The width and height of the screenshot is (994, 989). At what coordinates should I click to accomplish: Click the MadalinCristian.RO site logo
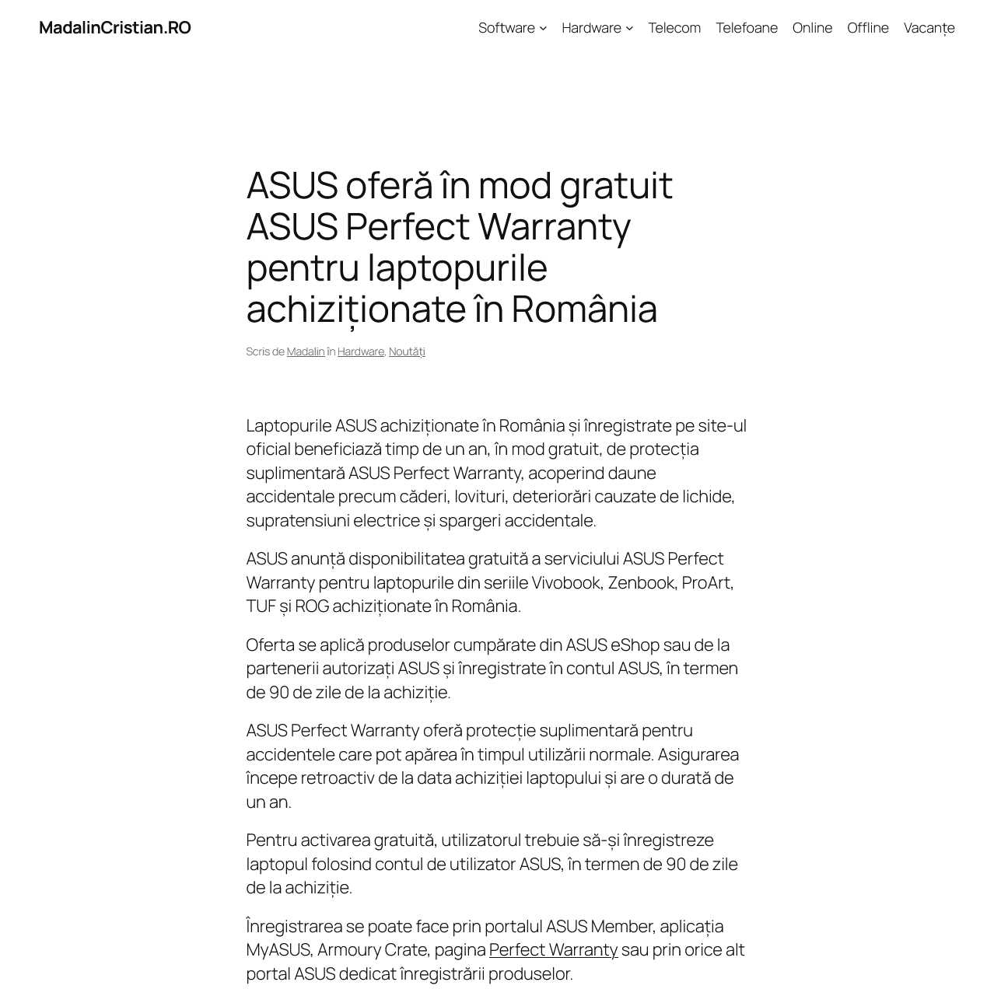pyautogui.click(x=115, y=28)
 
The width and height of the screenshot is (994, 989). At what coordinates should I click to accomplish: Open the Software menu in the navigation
pyautogui.click(x=506, y=28)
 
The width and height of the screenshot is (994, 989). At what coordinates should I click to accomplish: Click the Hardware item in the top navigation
pyautogui.click(x=591, y=28)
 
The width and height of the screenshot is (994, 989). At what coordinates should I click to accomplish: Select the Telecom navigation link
pyautogui.click(x=674, y=28)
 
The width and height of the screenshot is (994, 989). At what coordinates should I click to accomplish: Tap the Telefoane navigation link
pyautogui.click(x=747, y=28)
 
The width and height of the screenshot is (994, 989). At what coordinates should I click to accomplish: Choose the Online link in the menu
pyautogui.click(x=812, y=28)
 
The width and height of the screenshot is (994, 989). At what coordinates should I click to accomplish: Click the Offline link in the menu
pyautogui.click(x=868, y=28)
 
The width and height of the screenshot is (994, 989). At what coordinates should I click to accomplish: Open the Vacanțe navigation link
pyautogui.click(x=929, y=28)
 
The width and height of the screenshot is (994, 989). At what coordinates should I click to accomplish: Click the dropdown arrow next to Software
pyautogui.click(x=544, y=29)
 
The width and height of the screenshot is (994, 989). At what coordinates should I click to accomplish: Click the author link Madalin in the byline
pyautogui.click(x=306, y=351)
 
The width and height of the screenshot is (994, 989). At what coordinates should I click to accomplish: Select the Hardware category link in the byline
pyautogui.click(x=361, y=351)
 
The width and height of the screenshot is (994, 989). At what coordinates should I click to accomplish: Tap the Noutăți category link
pyautogui.click(x=407, y=351)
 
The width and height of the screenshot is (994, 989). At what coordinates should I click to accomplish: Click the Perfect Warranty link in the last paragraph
pyautogui.click(x=553, y=949)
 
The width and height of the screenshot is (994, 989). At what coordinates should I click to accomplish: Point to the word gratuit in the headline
pyautogui.click(x=616, y=187)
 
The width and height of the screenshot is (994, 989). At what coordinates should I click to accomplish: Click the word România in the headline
pyautogui.click(x=584, y=309)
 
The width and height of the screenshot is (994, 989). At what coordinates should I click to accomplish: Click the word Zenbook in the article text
pyautogui.click(x=641, y=582)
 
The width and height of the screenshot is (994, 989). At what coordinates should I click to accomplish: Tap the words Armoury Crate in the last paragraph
pyautogui.click(x=372, y=949)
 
